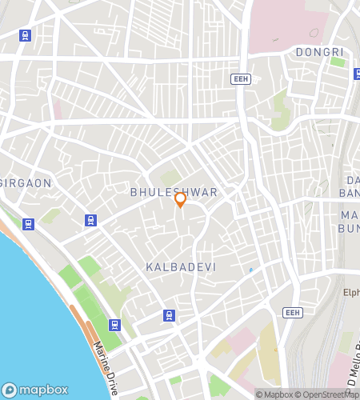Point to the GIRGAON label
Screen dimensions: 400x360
point(26,183)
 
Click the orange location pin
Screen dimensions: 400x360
point(181,199)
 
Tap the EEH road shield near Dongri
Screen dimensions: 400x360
point(241,78)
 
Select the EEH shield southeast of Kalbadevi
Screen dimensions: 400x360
point(293,312)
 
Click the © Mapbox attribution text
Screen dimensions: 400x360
point(274,394)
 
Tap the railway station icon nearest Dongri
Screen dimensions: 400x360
point(357,74)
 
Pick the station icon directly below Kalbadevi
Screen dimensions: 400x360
point(169,315)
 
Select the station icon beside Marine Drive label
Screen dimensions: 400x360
point(115,325)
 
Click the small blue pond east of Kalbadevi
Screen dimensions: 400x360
point(250,270)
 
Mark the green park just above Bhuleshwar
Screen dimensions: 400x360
point(169,178)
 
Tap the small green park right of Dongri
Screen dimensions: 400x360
point(338,62)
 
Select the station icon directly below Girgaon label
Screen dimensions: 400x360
point(29,224)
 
